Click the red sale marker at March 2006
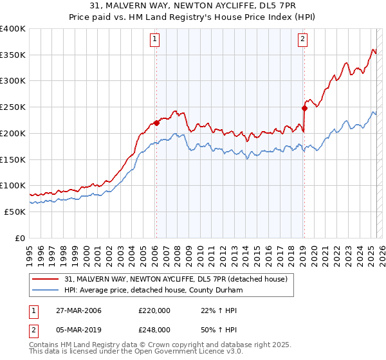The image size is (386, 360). [156, 122]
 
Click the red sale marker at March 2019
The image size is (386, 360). [304, 108]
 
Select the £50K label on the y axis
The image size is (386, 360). [15, 212]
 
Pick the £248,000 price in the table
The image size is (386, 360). [154, 329]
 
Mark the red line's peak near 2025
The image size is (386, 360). [373, 50]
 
